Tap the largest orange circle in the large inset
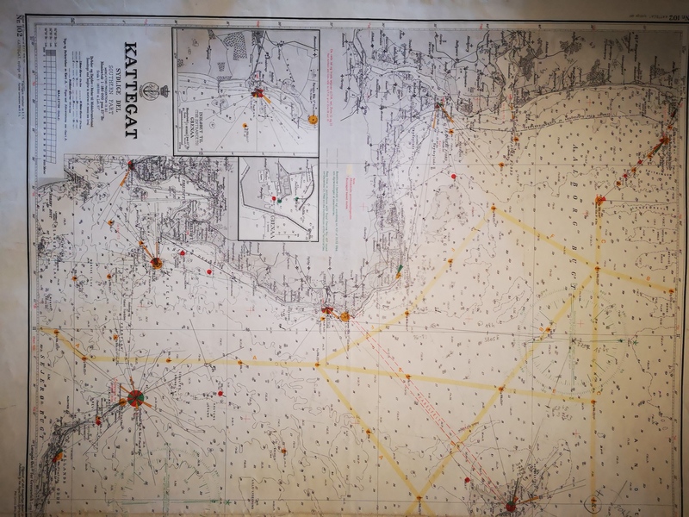click(313, 120)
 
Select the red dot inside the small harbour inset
click(275, 200)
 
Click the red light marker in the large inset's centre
click(258, 92)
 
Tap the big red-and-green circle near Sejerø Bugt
click(135, 397)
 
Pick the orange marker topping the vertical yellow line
click(600, 200)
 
